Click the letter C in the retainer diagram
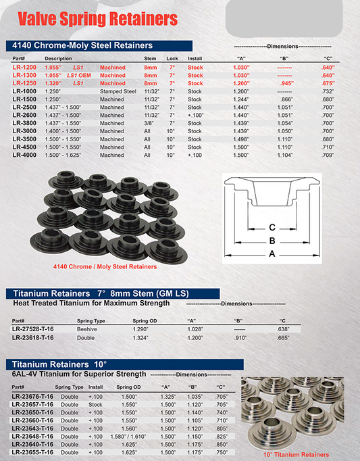[272, 228]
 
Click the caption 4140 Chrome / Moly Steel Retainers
[109, 267]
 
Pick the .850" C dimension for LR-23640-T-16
[221, 445]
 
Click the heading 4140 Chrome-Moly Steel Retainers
[79, 45]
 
